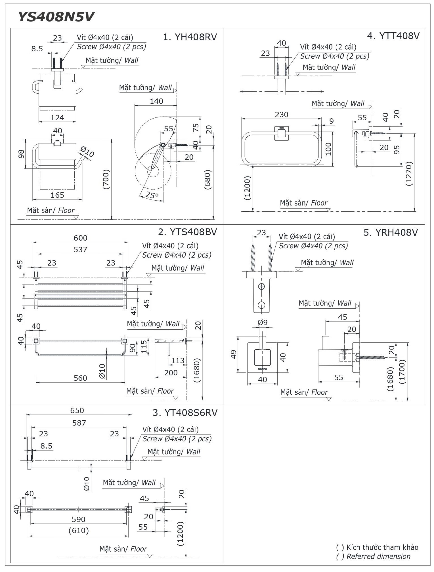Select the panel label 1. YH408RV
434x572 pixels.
[x=190, y=37]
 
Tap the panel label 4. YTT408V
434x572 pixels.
[x=393, y=36]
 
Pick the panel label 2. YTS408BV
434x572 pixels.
[x=187, y=232]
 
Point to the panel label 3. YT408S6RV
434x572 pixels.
[x=185, y=412]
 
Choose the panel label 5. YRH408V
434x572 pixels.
[x=391, y=232]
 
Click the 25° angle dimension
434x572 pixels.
[x=152, y=195]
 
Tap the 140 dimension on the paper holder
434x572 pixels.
[x=156, y=101]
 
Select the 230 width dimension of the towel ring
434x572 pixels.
[x=281, y=114]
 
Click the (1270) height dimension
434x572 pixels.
[x=408, y=174]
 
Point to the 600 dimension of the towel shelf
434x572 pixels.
[x=80, y=238]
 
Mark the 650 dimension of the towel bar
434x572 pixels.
[x=77, y=410]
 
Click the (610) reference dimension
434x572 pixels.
[x=79, y=530]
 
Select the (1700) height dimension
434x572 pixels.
[x=402, y=372]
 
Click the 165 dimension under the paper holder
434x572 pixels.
[x=57, y=195]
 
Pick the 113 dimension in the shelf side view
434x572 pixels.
[x=178, y=360]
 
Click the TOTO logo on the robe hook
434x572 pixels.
[x=262, y=369]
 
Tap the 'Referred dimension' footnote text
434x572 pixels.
[x=378, y=556]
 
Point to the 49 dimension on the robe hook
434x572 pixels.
[x=234, y=354]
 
